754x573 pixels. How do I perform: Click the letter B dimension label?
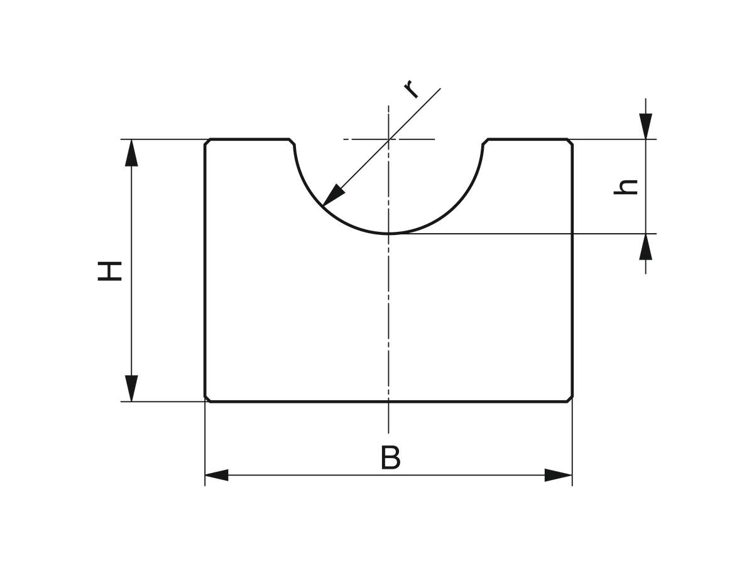tap(391, 457)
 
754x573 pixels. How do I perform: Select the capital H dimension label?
tap(109, 271)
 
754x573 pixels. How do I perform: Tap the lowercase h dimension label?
tap(625, 187)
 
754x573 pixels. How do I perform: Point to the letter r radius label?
tap(411, 89)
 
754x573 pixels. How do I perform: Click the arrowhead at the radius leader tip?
tap(332, 197)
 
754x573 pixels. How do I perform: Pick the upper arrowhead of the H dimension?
tap(131, 153)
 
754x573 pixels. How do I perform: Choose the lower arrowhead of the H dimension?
tap(131, 388)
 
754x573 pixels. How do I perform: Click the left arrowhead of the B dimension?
tap(216, 475)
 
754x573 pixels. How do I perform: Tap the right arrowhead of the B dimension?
tap(558, 475)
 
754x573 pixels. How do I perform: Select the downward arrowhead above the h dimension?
tap(645, 126)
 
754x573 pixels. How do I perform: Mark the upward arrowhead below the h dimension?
tap(645, 247)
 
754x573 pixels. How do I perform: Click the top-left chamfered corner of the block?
tap(207, 142)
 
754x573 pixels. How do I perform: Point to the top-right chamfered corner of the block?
tap(569, 142)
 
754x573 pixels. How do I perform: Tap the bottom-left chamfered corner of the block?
tap(207, 398)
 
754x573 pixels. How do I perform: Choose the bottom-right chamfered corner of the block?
tap(569, 398)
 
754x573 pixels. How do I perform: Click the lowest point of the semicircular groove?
tap(388, 234)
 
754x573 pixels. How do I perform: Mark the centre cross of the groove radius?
tap(388, 139)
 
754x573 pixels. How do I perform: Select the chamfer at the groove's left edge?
tap(292, 142)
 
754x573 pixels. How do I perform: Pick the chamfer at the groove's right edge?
tap(485, 142)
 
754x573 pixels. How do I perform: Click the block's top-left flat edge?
tap(249, 139)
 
